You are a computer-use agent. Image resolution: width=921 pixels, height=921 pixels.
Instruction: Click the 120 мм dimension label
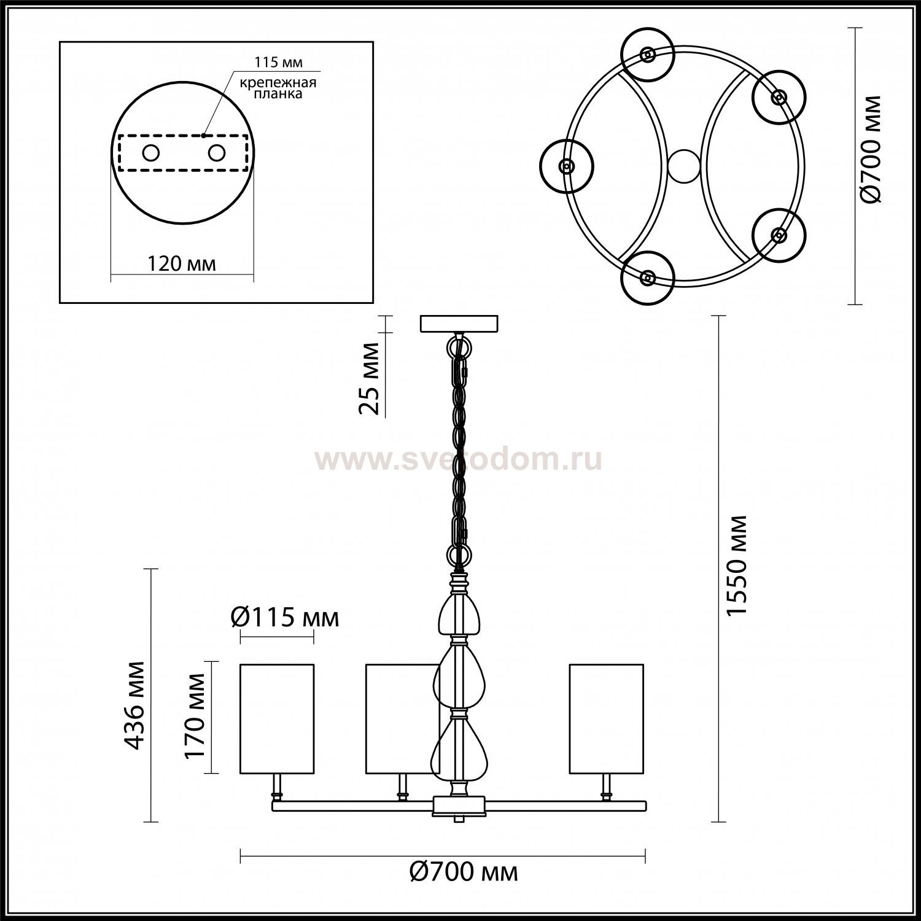[182, 263]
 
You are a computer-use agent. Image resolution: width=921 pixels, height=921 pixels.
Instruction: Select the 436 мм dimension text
[134, 705]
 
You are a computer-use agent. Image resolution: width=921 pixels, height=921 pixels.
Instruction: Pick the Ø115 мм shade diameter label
[285, 617]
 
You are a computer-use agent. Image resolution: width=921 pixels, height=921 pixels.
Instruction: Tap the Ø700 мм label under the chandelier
[464, 871]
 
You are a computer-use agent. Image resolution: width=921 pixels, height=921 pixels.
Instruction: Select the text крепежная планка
[278, 88]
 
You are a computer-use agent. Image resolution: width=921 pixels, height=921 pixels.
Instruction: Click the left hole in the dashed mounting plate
[150, 152]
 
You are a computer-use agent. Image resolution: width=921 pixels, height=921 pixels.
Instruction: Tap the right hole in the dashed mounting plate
[216, 152]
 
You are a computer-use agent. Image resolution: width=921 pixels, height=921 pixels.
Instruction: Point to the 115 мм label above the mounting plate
[279, 63]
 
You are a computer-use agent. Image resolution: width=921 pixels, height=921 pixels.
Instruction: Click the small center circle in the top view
[683, 166]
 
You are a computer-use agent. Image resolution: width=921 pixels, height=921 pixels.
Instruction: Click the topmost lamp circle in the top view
[647, 55]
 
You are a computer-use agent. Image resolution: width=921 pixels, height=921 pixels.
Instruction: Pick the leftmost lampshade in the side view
[276, 718]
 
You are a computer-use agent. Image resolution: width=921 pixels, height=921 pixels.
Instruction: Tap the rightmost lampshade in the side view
[606, 718]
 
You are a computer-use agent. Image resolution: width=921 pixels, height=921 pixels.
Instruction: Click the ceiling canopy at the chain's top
[459, 324]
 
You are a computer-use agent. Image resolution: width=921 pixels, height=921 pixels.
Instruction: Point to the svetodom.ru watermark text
[458, 459]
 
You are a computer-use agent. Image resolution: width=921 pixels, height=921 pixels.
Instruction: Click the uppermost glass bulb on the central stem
[459, 615]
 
